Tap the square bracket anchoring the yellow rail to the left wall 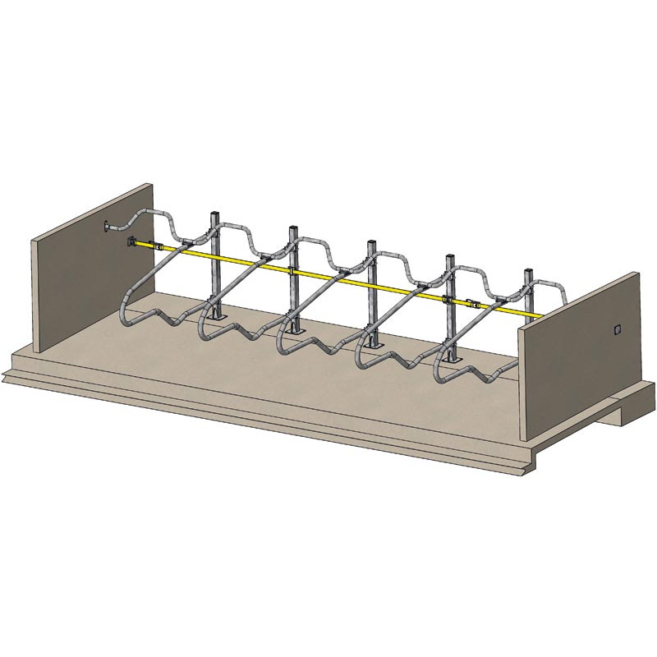point(131,241)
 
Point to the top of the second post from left point(292,227)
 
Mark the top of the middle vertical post point(370,243)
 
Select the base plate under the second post point(294,333)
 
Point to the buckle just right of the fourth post point(471,301)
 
